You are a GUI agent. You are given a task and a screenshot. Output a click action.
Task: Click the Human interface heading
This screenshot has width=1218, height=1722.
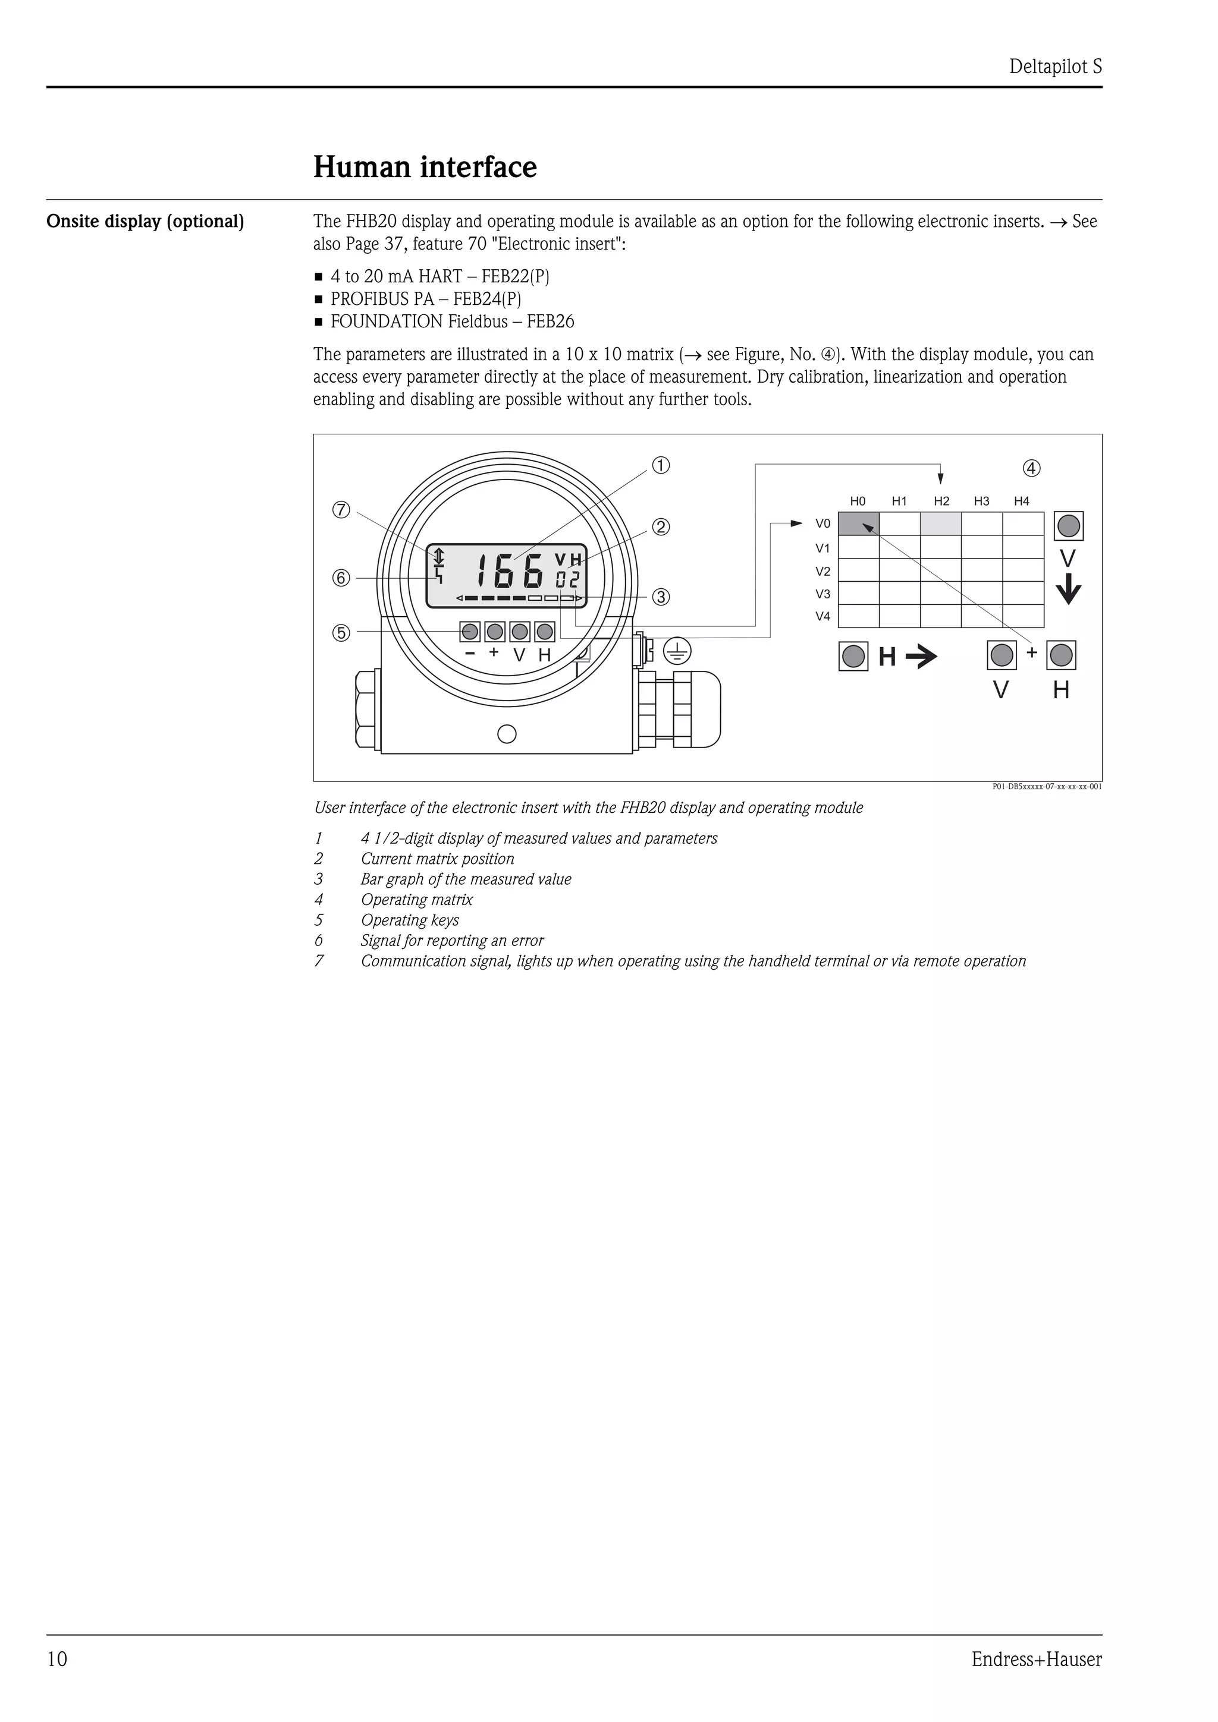(x=425, y=166)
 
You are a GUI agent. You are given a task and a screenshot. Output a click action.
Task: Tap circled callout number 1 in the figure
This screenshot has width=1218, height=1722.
(x=660, y=466)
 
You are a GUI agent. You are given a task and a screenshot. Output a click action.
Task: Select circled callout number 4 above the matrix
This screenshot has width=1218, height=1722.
(x=1032, y=469)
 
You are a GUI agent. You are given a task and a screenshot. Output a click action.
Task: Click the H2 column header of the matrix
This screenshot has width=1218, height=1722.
(x=941, y=501)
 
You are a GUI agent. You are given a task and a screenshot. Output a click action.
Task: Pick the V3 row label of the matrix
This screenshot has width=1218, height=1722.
(x=823, y=594)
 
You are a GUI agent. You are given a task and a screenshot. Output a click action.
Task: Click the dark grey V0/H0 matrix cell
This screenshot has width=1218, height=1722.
(x=859, y=523)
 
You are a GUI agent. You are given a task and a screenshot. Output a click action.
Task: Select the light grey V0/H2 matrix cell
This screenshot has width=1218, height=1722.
(x=941, y=523)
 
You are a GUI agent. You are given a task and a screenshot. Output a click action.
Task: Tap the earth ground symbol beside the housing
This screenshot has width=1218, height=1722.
(x=677, y=651)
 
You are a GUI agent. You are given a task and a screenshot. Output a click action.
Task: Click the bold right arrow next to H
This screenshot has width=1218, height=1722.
(x=922, y=658)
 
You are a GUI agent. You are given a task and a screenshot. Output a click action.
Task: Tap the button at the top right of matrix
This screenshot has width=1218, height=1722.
(x=1069, y=526)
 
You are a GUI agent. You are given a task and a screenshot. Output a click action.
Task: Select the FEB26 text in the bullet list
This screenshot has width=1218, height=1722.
(x=550, y=321)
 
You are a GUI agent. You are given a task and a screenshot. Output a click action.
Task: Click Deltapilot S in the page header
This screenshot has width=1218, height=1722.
(x=1055, y=67)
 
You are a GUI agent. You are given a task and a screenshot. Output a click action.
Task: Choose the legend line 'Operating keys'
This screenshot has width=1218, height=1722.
(x=410, y=920)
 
